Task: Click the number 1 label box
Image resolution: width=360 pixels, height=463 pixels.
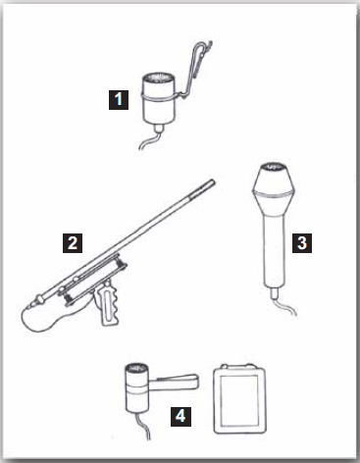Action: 119,99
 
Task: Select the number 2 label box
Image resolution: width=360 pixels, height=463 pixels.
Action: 73,243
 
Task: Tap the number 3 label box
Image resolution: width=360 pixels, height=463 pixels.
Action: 302,243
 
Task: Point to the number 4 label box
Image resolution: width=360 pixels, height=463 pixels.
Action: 180,417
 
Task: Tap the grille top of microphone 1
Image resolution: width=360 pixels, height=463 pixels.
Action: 158,78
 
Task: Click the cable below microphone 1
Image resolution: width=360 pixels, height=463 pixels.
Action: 151,139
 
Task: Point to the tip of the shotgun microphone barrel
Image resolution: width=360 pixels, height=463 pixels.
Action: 214,181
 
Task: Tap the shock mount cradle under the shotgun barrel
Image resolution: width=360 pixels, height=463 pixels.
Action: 93,279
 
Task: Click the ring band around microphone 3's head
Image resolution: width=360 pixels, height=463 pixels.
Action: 275,194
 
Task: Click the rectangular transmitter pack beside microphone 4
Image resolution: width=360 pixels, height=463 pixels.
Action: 239,399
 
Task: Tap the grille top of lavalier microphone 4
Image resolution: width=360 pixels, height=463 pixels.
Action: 137,369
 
